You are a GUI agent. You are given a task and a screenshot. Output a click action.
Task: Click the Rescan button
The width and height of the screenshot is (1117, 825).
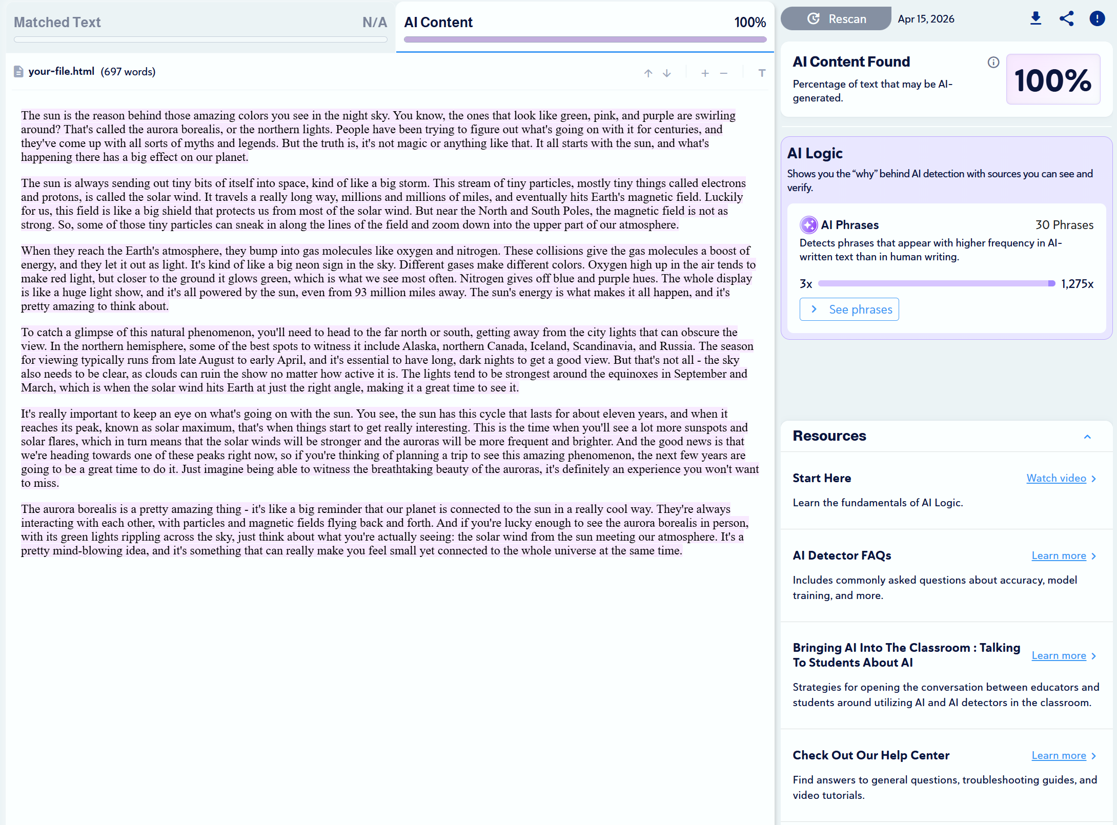pyautogui.click(x=836, y=19)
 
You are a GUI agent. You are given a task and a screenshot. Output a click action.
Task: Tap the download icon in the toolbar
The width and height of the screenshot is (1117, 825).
pyautogui.click(x=1035, y=19)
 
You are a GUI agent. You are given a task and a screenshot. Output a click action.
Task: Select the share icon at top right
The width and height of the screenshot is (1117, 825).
pyautogui.click(x=1066, y=19)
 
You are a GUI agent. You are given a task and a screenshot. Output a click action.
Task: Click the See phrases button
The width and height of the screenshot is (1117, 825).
pyautogui.click(x=849, y=310)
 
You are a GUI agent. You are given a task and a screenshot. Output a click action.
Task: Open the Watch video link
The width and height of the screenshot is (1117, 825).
pyautogui.click(x=1056, y=478)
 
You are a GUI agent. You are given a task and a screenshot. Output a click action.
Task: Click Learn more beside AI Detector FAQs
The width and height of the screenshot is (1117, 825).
pyautogui.click(x=1059, y=555)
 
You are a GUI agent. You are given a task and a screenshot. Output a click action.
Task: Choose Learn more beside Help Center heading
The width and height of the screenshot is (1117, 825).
pyautogui.click(x=1059, y=755)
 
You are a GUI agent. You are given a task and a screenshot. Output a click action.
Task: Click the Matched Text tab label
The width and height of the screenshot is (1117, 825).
pyautogui.click(x=57, y=23)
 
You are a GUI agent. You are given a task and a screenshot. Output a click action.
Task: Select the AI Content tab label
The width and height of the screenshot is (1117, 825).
pyautogui.click(x=438, y=23)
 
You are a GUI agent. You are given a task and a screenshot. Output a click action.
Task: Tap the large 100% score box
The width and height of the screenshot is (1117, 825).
pyautogui.click(x=1053, y=80)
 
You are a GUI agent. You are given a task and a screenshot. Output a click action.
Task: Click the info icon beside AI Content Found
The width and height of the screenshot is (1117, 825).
pyautogui.click(x=993, y=63)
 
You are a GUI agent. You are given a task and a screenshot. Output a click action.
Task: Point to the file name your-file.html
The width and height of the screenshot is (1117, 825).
pyautogui.click(x=62, y=72)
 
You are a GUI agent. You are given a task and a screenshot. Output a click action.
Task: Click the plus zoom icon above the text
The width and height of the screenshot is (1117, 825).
pyautogui.click(x=705, y=73)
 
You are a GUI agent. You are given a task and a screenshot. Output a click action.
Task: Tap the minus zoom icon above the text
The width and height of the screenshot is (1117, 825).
pyautogui.click(x=724, y=73)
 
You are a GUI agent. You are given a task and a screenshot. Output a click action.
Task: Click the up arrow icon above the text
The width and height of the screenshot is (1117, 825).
pyautogui.click(x=648, y=73)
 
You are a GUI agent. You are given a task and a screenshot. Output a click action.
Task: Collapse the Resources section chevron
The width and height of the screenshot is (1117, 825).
pyautogui.click(x=1087, y=437)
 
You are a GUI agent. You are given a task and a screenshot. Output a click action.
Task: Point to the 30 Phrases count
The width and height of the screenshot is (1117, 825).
pyautogui.click(x=1064, y=225)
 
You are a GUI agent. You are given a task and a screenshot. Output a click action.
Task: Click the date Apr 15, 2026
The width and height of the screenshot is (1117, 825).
pyautogui.click(x=926, y=19)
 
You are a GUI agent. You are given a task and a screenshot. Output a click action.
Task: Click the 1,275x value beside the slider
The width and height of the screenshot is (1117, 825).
pyautogui.click(x=1077, y=284)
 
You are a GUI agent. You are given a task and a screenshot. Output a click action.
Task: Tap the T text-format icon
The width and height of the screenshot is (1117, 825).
pyautogui.click(x=762, y=73)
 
